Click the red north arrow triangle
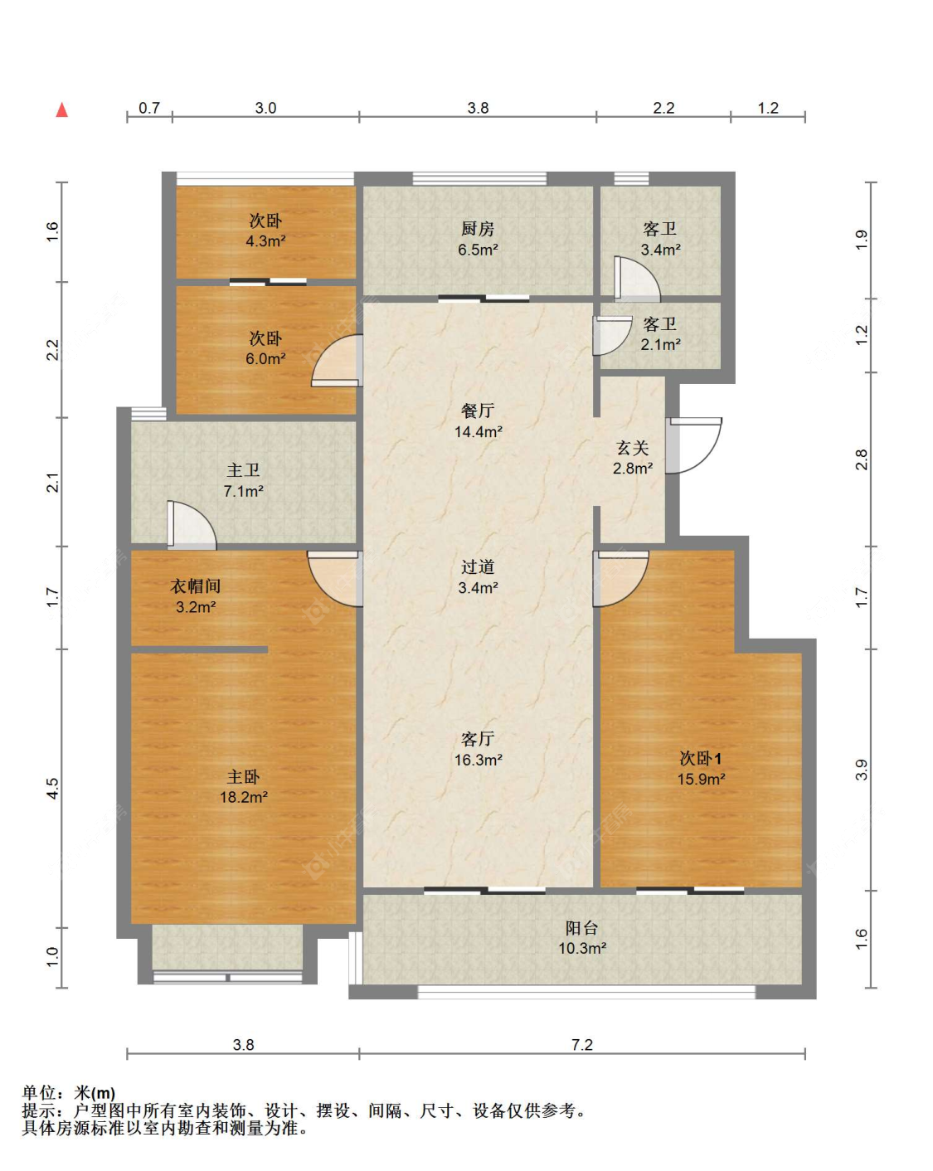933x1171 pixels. point(62,109)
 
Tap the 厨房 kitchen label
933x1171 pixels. point(478,229)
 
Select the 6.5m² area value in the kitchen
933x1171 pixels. point(478,250)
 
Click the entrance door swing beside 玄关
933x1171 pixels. point(694,445)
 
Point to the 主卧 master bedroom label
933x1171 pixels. point(243,776)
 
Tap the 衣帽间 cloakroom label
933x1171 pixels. point(195,586)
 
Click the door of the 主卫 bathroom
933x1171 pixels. point(192,524)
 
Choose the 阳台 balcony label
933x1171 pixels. point(581,927)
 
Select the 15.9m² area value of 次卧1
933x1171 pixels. point(701,779)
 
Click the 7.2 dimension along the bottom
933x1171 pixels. point(581,1044)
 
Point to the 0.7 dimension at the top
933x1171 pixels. point(148,108)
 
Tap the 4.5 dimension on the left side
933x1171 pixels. point(52,789)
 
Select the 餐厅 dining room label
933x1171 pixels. point(478,411)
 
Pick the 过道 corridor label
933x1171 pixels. point(478,566)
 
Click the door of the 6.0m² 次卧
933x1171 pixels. point(337,360)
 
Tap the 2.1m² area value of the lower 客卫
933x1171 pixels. point(660,344)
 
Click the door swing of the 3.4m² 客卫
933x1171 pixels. point(637,279)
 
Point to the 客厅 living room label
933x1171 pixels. point(478,738)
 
